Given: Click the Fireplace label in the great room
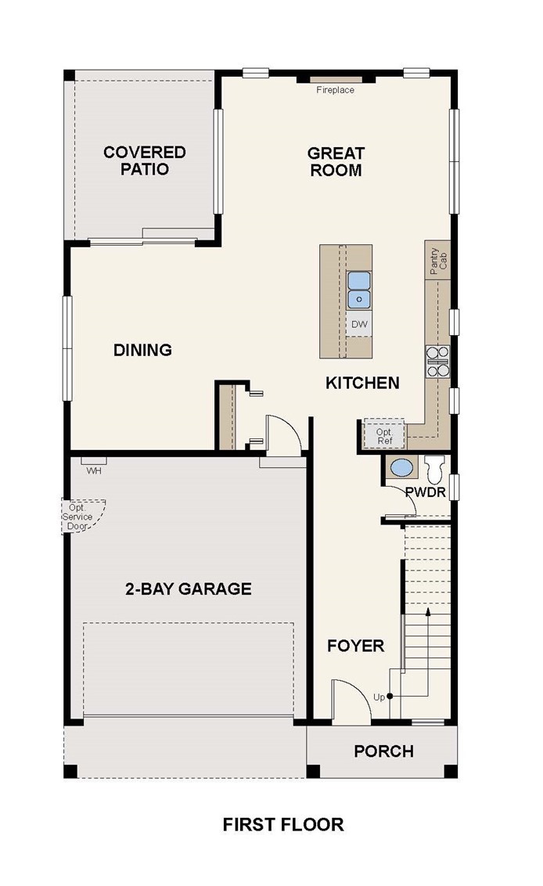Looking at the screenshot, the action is (335, 90).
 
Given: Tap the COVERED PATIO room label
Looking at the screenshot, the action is (145, 160).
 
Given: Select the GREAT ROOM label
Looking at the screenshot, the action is (336, 161).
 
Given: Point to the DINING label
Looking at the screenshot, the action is (143, 350).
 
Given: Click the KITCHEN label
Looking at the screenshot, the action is (363, 383).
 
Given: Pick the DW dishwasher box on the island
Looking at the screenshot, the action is (359, 324).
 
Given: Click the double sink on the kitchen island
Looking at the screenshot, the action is (359, 290).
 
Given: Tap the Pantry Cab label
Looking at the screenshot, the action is (438, 261).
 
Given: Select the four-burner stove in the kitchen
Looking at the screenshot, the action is (438, 362).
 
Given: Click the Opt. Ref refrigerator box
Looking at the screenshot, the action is (383, 434).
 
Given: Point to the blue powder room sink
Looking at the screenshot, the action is (401, 468).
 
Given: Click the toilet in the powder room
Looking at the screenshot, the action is (436, 468).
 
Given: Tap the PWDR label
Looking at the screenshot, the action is (426, 492).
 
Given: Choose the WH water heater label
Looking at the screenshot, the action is (94, 470).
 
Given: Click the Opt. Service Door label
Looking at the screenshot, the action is (77, 517).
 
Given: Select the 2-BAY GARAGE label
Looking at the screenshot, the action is (188, 589).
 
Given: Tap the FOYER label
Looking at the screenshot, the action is (356, 645).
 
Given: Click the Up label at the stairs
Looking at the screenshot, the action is (379, 697).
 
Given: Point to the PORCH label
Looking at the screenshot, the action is (383, 751).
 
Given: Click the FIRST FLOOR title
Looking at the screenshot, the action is (283, 824).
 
